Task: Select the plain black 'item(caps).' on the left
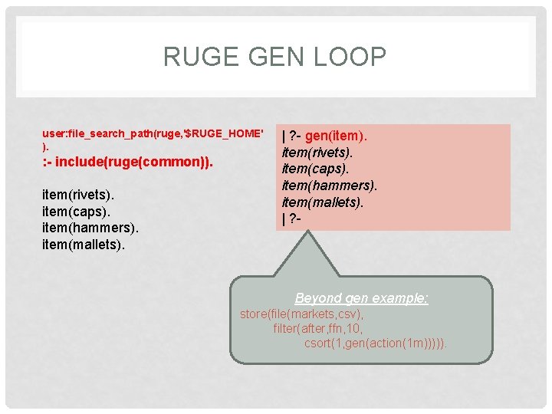pyautogui.click(x=75, y=211)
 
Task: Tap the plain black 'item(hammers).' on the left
pyautogui.click(x=90, y=228)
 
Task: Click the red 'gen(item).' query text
pyautogui.click(x=337, y=136)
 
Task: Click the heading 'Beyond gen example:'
pyautogui.click(x=362, y=298)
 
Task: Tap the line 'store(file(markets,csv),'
pyautogui.click(x=302, y=314)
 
